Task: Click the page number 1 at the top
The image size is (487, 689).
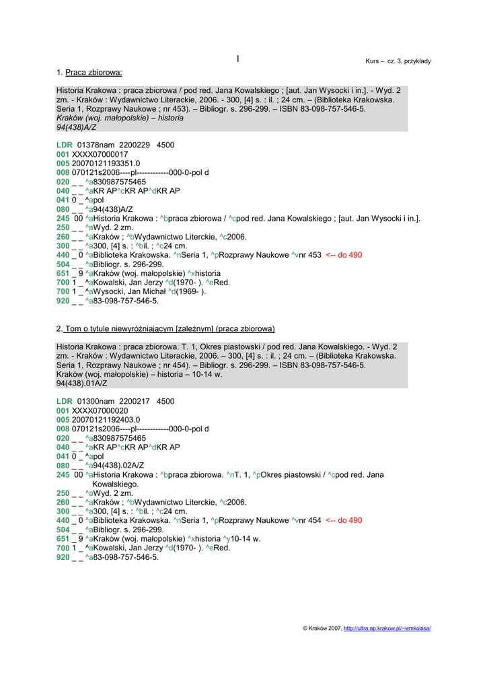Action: [238, 59]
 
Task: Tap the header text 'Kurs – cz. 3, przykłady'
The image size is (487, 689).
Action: [398, 61]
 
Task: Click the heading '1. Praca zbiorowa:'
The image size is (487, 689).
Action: [89, 72]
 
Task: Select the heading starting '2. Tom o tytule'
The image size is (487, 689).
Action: [165, 328]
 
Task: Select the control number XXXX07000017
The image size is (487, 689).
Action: [100, 154]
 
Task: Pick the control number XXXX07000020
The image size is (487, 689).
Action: [100, 410]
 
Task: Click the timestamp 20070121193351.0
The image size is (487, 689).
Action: [106, 164]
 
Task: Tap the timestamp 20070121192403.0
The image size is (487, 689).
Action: [106, 419]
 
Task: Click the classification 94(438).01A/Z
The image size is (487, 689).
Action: [81, 384]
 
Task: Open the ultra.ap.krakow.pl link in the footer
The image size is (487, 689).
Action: [387, 628]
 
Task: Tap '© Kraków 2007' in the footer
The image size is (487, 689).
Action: [322, 628]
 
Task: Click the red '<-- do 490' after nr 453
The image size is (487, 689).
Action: [344, 256]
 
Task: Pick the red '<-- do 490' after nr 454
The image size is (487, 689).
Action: [344, 520]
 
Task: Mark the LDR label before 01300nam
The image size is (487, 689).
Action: [65, 401]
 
